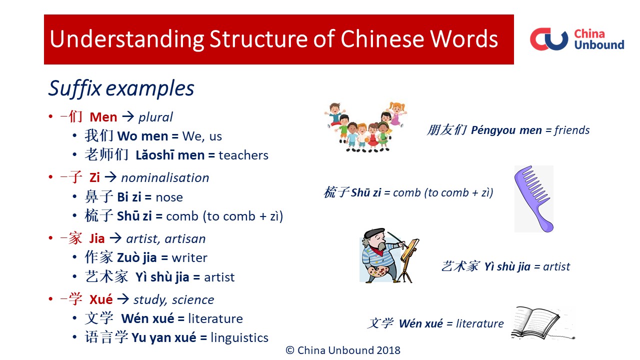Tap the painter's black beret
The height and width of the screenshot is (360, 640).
(x=373, y=232)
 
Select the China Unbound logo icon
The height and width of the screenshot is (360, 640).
(x=549, y=39)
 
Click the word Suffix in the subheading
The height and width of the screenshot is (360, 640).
(x=75, y=88)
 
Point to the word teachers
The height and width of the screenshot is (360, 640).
(x=243, y=155)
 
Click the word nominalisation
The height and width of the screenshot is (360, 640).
(x=165, y=178)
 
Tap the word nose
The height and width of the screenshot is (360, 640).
(x=169, y=197)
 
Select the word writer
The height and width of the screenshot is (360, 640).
(x=189, y=258)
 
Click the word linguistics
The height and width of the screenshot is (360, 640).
(x=239, y=337)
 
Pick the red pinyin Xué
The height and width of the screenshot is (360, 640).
(x=101, y=299)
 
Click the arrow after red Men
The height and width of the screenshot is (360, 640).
(x=128, y=116)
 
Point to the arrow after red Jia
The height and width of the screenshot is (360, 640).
(x=115, y=238)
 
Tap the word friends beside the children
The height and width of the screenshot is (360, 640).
(x=572, y=130)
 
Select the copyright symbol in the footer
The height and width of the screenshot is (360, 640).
(x=289, y=350)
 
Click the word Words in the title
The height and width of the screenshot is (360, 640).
(x=464, y=39)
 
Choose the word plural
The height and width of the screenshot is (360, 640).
(x=155, y=117)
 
